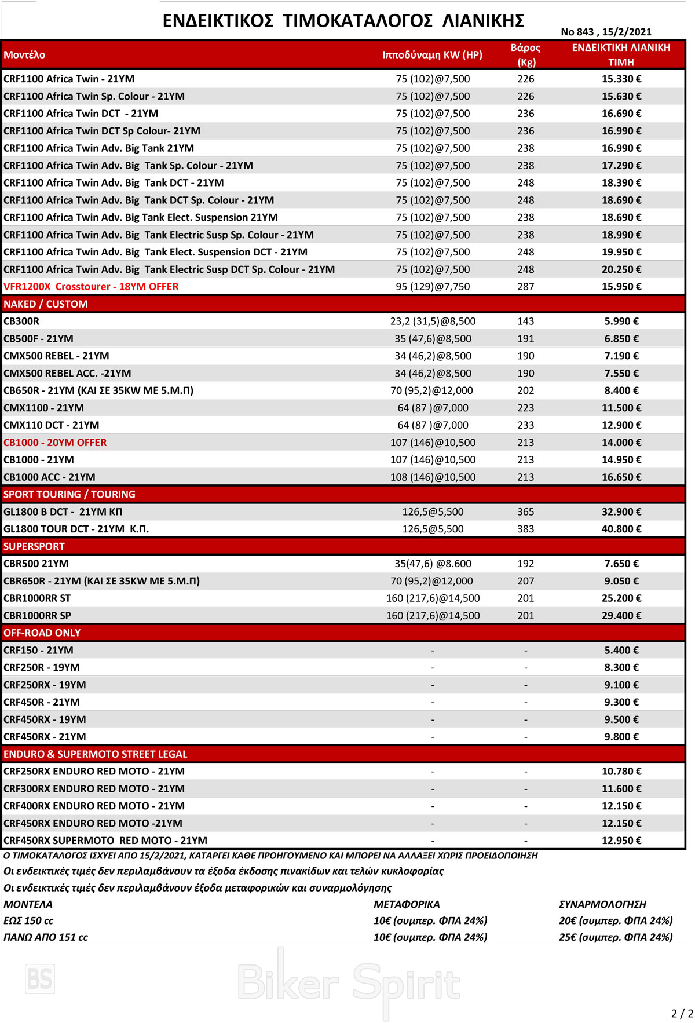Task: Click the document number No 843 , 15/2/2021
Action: [606, 32]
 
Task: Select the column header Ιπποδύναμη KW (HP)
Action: [432, 55]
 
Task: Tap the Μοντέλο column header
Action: [24, 55]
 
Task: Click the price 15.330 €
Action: [621, 79]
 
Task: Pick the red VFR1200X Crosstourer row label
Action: [91, 287]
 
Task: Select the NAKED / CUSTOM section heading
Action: [46, 304]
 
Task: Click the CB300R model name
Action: [21, 321]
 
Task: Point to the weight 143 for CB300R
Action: [525, 321]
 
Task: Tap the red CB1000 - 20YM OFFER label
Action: [55, 443]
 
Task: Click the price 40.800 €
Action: [621, 529]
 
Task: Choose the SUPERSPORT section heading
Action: [34, 546]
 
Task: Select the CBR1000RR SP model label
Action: [37, 615]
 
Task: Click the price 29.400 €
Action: [621, 615]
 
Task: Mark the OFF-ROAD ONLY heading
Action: [42, 633]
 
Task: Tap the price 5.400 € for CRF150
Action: [621, 650]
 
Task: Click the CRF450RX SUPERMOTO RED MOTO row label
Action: [105, 841]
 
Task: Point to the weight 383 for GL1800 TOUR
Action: [525, 529]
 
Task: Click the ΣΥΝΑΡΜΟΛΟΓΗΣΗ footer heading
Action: [602, 904]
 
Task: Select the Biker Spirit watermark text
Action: [349, 983]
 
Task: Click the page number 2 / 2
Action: [682, 1013]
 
